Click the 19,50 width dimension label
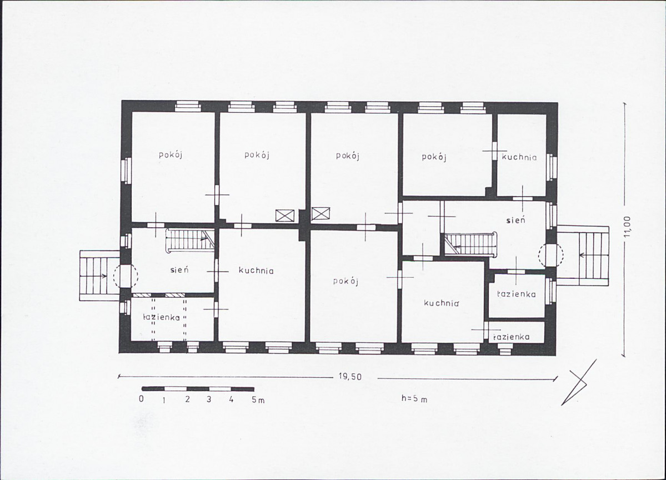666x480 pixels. tap(350, 377)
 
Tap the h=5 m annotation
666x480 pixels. tap(414, 398)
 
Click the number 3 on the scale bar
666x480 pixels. tap(208, 399)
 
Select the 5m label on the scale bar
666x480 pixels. tap(258, 399)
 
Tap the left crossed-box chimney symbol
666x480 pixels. tap(284, 216)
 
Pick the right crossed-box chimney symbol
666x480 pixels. tap(321, 213)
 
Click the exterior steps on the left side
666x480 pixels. tap(100, 276)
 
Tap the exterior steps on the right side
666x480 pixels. tap(583, 256)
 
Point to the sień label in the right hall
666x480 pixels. tap(515, 220)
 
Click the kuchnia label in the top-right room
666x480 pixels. tap(519, 157)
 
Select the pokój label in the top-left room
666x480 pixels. tap(171, 154)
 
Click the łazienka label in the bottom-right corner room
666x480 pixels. tap(511, 337)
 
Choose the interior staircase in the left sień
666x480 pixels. tap(189, 241)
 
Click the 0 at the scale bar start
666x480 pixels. tap(142, 399)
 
